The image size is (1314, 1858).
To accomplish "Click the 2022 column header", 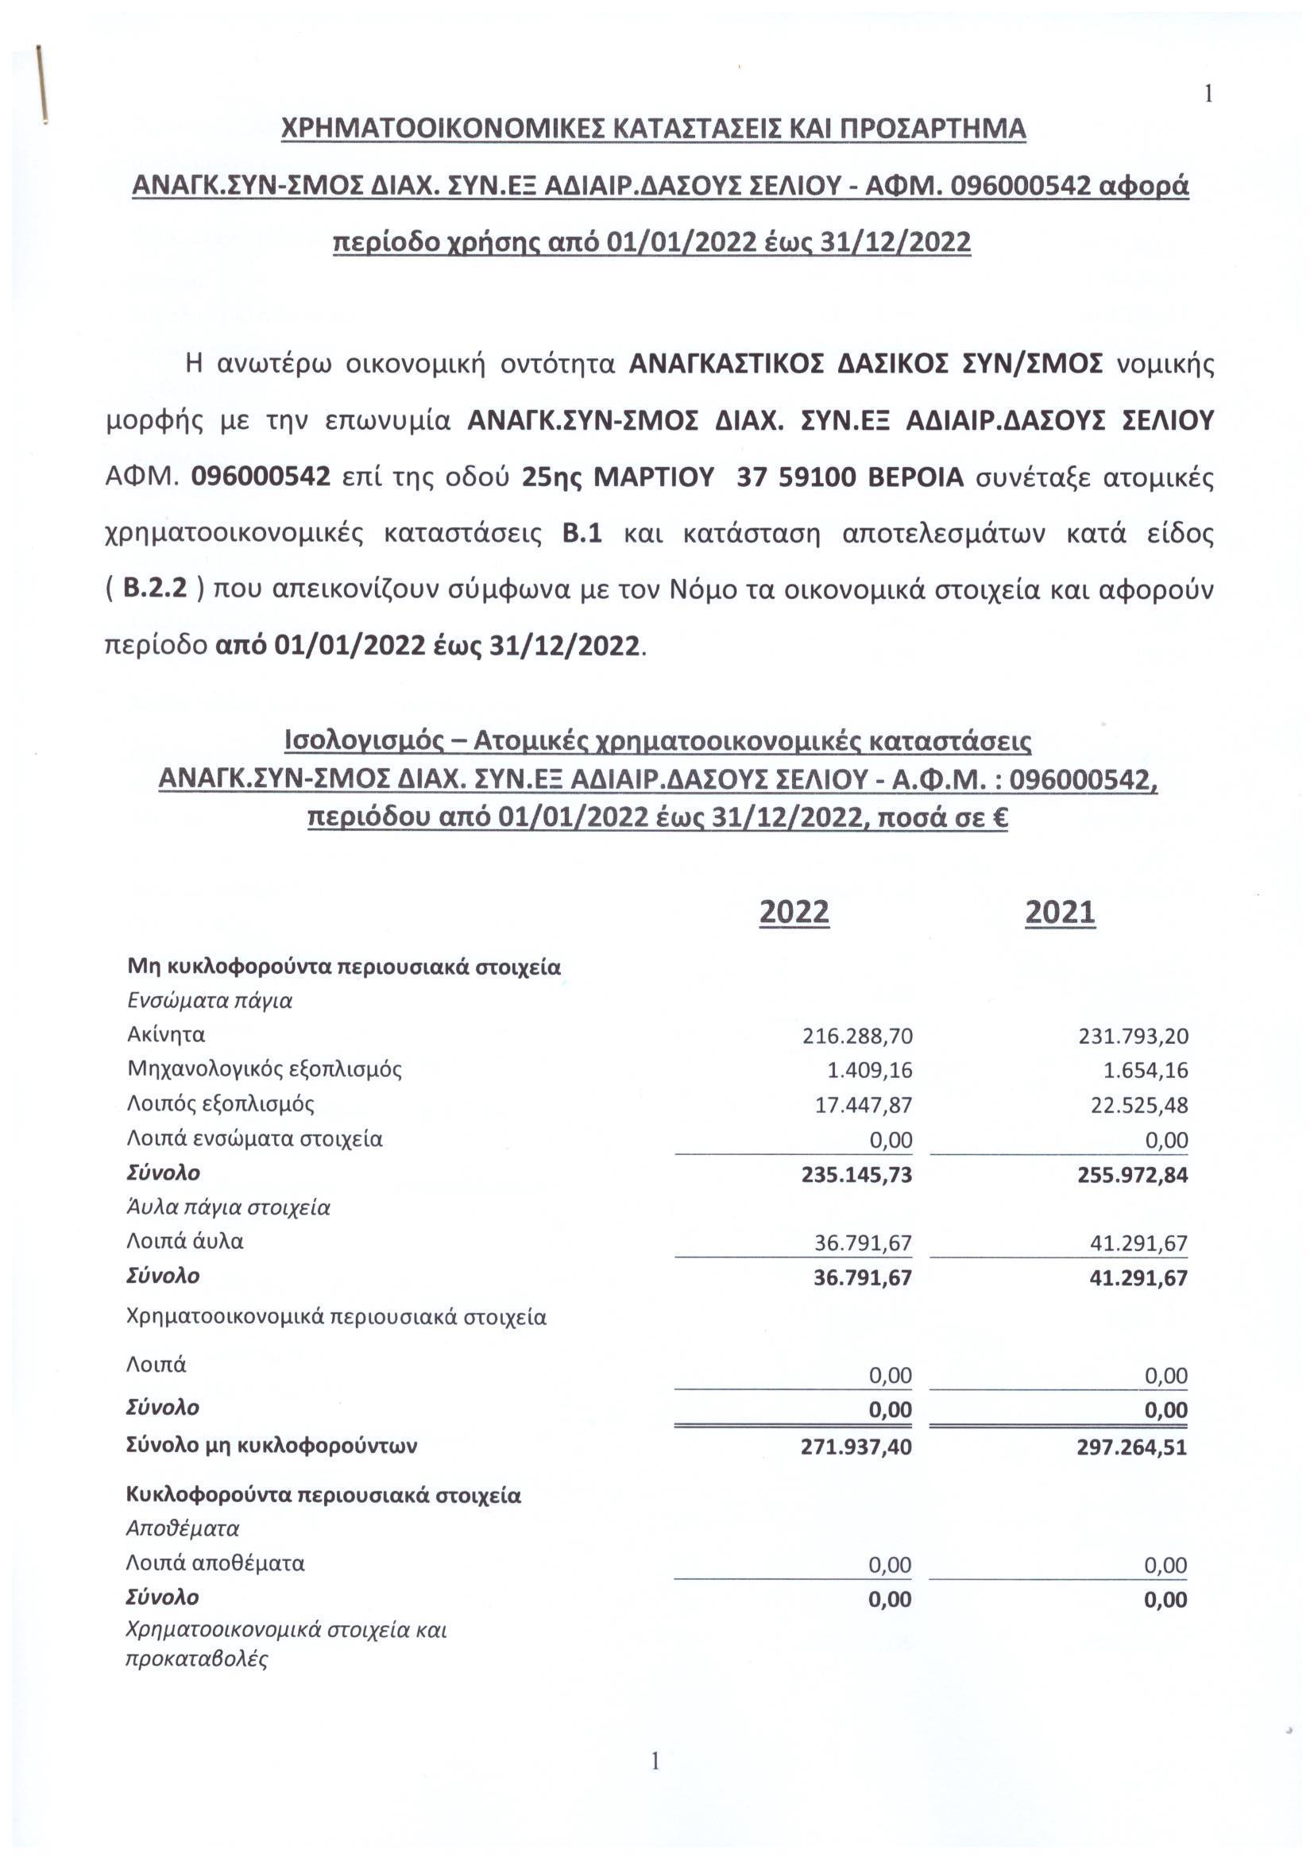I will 794,912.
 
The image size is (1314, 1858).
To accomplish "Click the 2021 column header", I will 1059,912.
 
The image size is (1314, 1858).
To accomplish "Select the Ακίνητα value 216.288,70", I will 857,1036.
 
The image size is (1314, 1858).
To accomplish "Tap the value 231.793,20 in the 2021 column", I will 1133,1036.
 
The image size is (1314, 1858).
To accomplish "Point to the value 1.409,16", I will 869,1071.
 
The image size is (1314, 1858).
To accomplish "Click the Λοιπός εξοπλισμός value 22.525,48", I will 1138,1106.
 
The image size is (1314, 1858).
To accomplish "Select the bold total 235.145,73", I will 856,1174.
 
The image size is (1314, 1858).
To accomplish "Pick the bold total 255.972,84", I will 1132,1174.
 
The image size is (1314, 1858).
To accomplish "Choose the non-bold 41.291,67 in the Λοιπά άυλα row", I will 1138,1243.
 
